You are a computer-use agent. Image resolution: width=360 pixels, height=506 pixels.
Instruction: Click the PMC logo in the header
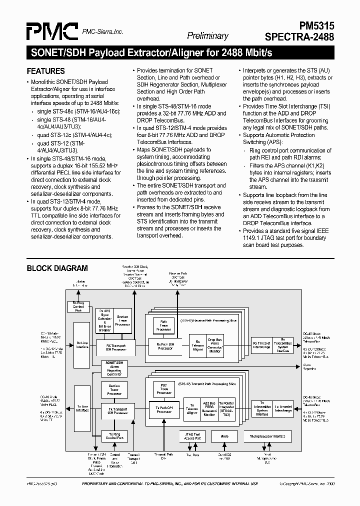pos(52,31)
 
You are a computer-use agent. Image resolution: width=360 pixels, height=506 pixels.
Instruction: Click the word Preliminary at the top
pos(207,35)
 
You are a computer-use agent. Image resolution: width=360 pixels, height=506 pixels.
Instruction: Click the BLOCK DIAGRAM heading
pos(57,268)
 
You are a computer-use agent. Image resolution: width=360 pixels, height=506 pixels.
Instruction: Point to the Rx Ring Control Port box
pos(78,307)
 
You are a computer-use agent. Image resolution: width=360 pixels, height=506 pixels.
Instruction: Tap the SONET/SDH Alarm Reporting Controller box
pos(114,368)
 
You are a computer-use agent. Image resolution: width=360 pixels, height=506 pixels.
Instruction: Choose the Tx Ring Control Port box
pos(114,435)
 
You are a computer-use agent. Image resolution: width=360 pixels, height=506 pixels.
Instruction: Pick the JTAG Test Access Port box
pos(192,436)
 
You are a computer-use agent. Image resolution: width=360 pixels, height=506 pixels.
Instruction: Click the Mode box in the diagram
pos(224,436)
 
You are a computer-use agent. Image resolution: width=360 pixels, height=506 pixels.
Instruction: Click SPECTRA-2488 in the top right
pos(307,36)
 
